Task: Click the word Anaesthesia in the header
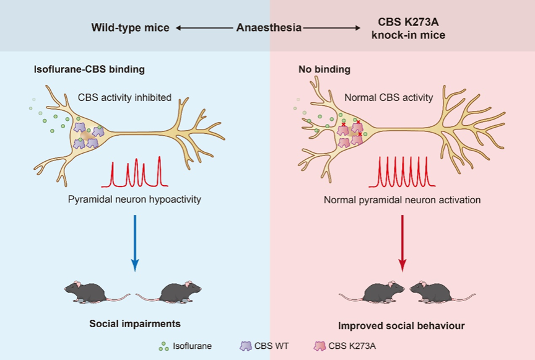click(269, 28)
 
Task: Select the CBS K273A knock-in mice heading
click(407, 28)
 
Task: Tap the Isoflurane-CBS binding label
click(89, 69)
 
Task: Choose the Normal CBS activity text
click(389, 97)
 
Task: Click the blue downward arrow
click(134, 242)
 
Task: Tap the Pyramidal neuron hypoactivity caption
click(136, 200)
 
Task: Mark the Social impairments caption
click(134, 323)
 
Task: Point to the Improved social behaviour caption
click(401, 325)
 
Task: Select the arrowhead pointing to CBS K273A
click(357, 28)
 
